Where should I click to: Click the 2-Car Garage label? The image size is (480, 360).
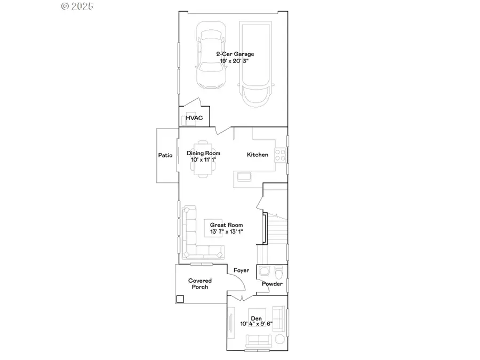click(x=235, y=54)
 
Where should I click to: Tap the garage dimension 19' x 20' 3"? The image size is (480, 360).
click(x=235, y=61)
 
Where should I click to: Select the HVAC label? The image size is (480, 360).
click(x=194, y=117)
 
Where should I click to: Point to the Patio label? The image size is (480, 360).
click(x=165, y=155)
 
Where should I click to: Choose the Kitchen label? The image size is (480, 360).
click(x=257, y=155)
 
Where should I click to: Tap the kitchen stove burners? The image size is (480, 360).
click(x=281, y=155)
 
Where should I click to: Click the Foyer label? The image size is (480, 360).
click(x=241, y=270)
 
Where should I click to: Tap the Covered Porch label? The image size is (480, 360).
click(x=199, y=284)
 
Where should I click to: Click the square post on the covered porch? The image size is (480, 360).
click(x=180, y=299)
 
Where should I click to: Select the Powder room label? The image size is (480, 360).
click(x=272, y=284)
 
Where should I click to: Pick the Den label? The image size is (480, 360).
click(x=257, y=318)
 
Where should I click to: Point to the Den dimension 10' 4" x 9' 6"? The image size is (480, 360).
click(x=257, y=324)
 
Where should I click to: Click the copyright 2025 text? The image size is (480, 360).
click(x=77, y=6)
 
